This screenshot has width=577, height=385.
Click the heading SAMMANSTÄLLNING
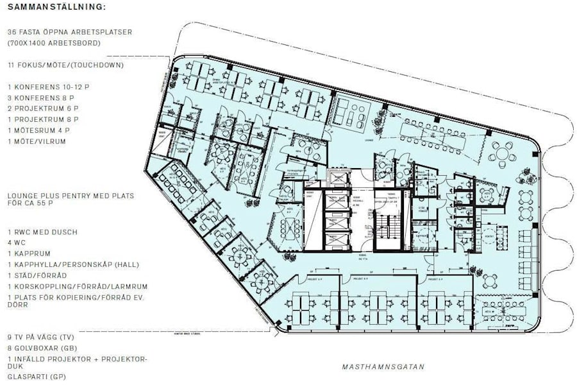55,8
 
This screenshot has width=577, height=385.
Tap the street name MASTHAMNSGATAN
383,367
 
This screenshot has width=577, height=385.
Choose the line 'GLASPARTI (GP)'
37,377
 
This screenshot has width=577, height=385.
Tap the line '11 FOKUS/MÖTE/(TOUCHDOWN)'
65,65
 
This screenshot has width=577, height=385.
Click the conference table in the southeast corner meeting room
506,314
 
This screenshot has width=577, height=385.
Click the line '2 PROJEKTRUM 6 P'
44,108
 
